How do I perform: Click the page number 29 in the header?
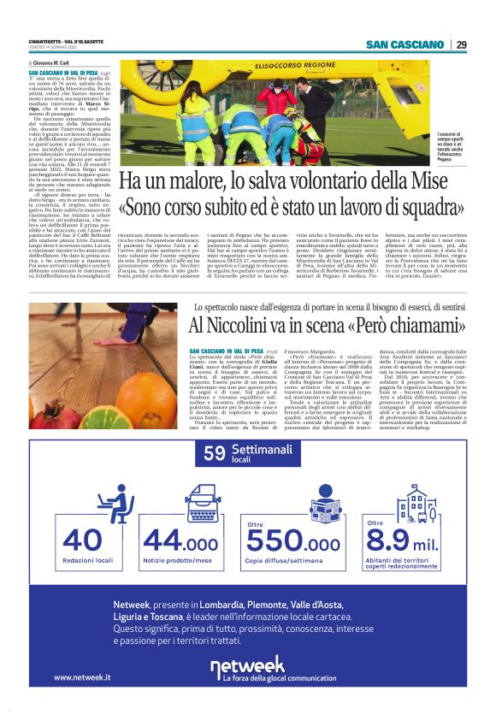[462, 44]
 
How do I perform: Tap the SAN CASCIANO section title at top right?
[404, 44]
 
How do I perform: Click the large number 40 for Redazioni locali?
[70, 540]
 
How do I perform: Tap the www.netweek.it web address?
[82, 677]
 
